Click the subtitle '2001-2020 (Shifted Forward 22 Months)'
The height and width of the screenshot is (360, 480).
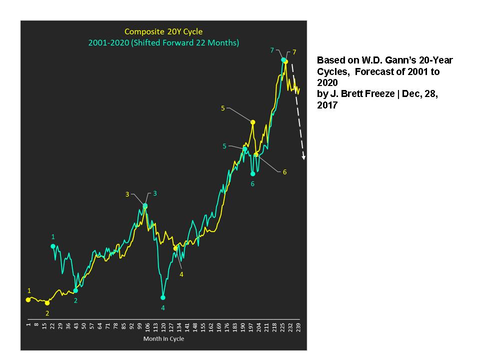pos(163,43)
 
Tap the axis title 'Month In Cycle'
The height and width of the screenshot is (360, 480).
pos(163,339)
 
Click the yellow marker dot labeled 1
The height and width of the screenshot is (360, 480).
pos(28,299)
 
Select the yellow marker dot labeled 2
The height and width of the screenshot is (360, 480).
pos(47,303)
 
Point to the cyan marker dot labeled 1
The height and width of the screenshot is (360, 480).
pos(53,246)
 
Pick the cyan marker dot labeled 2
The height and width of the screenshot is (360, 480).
pos(75,290)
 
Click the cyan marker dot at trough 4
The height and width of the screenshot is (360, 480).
pos(163,296)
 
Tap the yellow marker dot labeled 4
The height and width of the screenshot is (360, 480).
pos(175,248)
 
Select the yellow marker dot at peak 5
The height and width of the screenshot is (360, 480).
pos(253,122)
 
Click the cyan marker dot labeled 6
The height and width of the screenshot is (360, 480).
pos(253,174)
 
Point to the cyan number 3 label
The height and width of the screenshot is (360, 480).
pos(155,193)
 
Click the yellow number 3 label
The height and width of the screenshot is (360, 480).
pos(127,194)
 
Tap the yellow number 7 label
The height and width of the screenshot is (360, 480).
pos(294,52)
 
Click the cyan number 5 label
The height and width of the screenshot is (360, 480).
pos(225,146)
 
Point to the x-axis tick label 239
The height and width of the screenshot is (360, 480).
pos(298,326)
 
